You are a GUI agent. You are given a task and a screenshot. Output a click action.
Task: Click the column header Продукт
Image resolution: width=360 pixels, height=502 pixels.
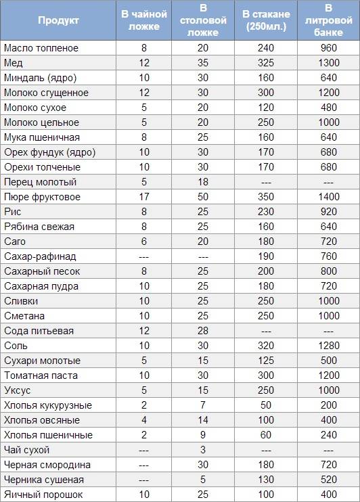pyautogui.click(x=58, y=20)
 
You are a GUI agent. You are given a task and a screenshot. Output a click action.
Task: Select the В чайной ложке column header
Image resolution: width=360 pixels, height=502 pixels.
pyautogui.click(x=143, y=20)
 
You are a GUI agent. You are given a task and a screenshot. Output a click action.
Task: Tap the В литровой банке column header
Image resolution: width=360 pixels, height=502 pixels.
pyautogui.click(x=328, y=20)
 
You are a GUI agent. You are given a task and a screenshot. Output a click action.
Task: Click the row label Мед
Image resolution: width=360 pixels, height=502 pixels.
pyautogui.click(x=14, y=63)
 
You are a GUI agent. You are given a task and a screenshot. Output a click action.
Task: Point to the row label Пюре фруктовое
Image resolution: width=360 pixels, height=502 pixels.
pyautogui.click(x=42, y=197)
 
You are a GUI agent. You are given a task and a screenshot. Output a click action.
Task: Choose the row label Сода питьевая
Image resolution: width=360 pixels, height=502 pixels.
pyautogui.click(x=39, y=331)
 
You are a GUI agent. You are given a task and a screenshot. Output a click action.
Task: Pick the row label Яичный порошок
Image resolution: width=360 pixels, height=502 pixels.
pyautogui.click(x=43, y=495)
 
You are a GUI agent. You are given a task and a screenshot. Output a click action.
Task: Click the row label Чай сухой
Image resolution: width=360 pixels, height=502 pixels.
pyautogui.click(x=26, y=450)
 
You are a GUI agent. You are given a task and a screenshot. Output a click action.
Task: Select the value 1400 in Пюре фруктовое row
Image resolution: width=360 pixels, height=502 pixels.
pyautogui.click(x=328, y=197)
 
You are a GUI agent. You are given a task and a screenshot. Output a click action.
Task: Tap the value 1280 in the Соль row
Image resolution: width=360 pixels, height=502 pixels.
pyautogui.click(x=328, y=346)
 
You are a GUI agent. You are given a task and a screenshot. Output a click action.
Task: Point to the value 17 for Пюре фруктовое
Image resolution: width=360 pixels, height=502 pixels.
pyautogui.click(x=143, y=197)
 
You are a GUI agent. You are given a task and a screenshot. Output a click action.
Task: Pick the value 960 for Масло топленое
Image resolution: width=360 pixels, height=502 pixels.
pyautogui.click(x=328, y=48)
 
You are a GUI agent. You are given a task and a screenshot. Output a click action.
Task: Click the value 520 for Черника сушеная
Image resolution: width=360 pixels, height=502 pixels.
pyautogui.click(x=328, y=480)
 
